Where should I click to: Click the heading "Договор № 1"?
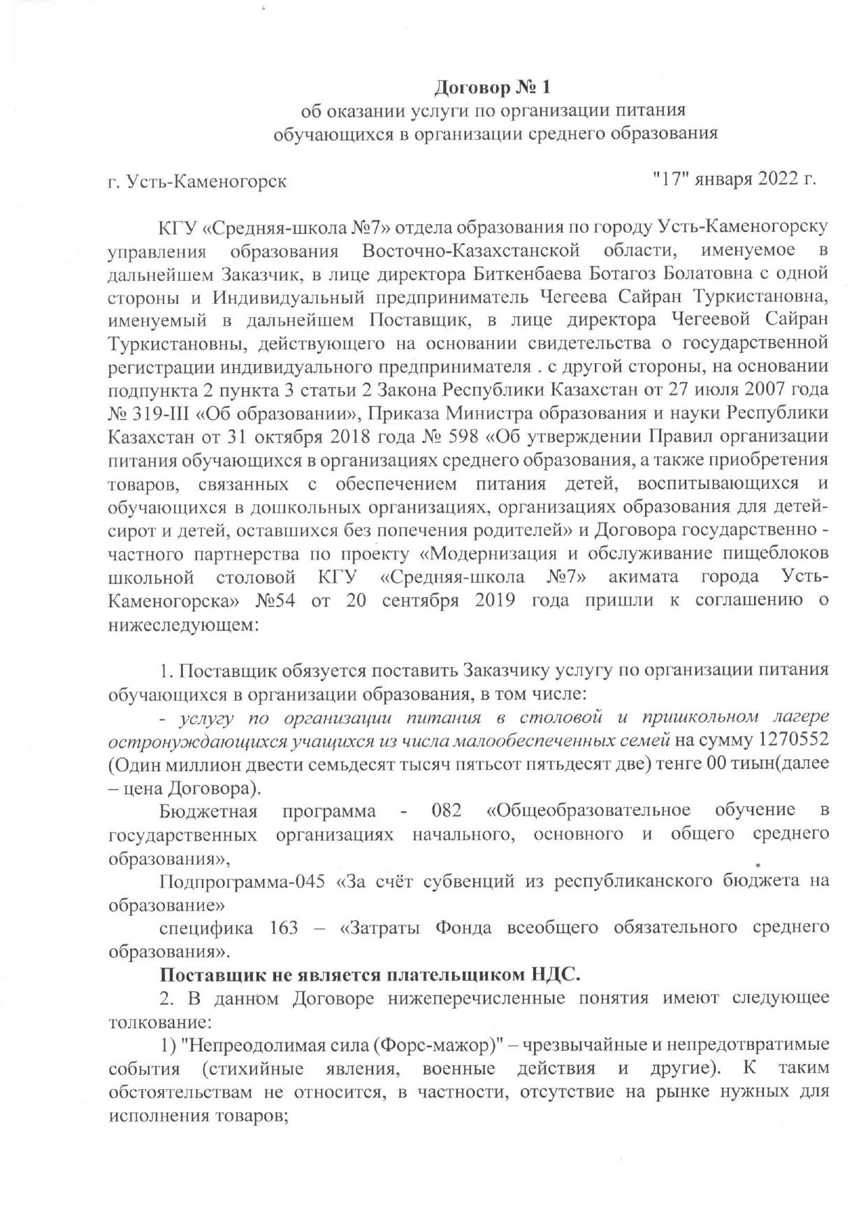click(x=493, y=87)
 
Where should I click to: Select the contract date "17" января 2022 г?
click(x=734, y=178)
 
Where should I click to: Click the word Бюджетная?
click(x=208, y=810)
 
